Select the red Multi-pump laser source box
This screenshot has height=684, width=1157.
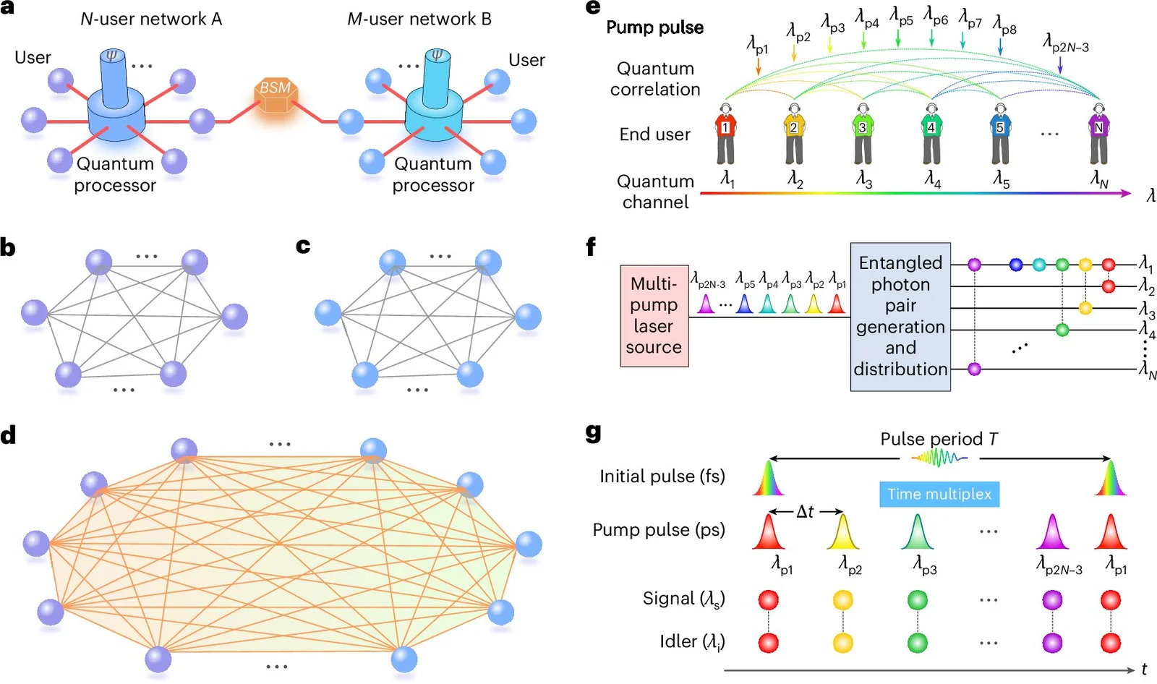click(x=654, y=315)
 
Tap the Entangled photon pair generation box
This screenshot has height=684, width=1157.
click(x=900, y=316)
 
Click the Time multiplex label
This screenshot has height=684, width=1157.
click(x=939, y=494)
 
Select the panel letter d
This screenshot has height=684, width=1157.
click(x=9, y=435)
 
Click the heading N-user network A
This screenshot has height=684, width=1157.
click(x=151, y=20)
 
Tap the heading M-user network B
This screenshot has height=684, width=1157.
click(x=419, y=20)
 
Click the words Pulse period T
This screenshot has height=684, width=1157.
click(x=938, y=439)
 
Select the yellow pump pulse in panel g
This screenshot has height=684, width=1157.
click(x=843, y=532)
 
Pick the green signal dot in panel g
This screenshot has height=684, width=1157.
click(x=917, y=600)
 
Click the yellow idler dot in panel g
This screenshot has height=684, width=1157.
click(x=843, y=643)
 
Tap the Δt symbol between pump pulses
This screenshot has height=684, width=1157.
click(x=805, y=512)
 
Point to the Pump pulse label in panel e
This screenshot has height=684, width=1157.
click(x=654, y=27)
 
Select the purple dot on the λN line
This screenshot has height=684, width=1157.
click(x=974, y=369)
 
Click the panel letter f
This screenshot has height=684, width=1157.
click(x=591, y=247)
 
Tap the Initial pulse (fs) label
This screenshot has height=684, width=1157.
click(x=662, y=476)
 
